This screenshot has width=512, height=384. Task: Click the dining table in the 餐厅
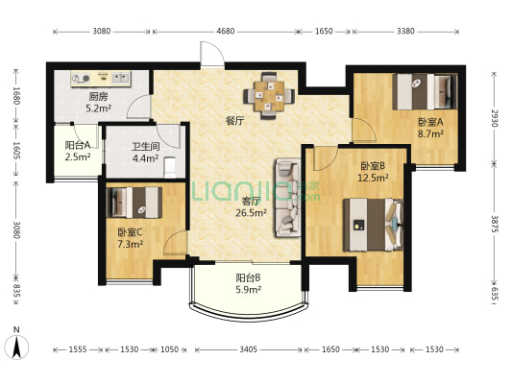[x=269, y=96]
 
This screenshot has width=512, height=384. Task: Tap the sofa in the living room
[x=288, y=198]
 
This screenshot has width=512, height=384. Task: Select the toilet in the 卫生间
[x=170, y=167]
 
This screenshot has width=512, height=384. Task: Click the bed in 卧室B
[x=374, y=225]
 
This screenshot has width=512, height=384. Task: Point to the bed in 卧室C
[x=134, y=203]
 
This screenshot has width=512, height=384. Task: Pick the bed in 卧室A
[x=425, y=91]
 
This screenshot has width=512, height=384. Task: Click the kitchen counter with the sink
[x=101, y=79]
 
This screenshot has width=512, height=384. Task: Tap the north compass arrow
[x=16, y=348]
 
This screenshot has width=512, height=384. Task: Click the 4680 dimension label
[x=226, y=31]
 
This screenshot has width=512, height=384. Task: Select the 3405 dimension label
[x=248, y=349]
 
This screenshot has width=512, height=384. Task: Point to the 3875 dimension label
[x=496, y=224]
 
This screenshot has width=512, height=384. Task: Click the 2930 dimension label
[x=496, y=118]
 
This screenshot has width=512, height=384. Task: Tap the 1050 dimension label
[x=169, y=349]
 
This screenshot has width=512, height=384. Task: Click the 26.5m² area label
[x=251, y=213]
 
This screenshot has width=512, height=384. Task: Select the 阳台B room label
[x=248, y=278]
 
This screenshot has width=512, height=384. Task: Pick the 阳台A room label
[x=78, y=145]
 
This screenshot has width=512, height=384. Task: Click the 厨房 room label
[x=98, y=97]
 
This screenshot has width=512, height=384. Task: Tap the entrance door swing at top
[x=212, y=54]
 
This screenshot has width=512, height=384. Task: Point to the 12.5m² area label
[x=373, y=179]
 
